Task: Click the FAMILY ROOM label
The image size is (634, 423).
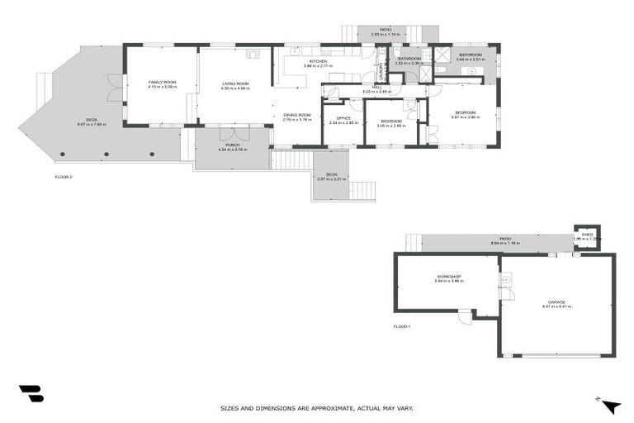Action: pos(162,83)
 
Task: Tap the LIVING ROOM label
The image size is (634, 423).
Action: pos(234,83)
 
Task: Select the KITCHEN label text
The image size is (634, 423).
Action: pos(319,62)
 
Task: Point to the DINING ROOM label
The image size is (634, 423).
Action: pos(296,115)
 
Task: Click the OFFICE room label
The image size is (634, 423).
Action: pos(343,118)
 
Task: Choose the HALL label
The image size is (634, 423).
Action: pos(376,87)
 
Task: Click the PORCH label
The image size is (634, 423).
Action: pos(233,145)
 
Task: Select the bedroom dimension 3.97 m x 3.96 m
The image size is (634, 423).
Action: pos(465,117)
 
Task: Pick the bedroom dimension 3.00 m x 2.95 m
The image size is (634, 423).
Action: pos(391,126)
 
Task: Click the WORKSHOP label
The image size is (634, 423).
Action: pos(448,277)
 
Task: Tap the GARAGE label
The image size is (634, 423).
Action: pos(556,302)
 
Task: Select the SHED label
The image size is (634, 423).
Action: pos(587,234)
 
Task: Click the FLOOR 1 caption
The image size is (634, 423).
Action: pos(402,327)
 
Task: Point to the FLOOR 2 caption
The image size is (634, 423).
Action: pos(64,177)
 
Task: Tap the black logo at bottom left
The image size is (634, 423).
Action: pos(31,394)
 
